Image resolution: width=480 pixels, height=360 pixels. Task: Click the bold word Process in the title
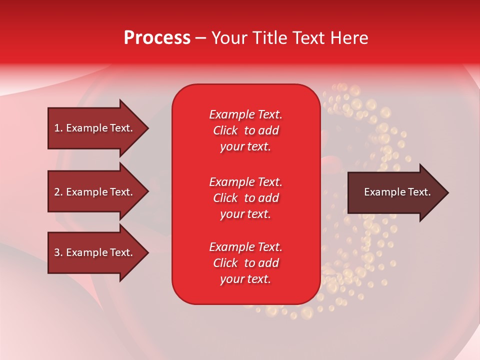(x=157, y=38)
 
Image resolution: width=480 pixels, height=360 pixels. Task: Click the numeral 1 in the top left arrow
(x=57, y=128)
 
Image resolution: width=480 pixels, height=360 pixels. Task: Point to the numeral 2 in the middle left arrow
(x=57, y=192)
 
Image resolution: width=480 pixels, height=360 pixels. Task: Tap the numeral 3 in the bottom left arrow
(x=57, y=252)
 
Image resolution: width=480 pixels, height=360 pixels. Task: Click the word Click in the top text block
(x=225, y=131)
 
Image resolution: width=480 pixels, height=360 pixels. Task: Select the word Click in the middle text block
(x=225, y=198)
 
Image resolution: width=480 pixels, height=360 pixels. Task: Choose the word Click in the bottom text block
(x=225, y=263)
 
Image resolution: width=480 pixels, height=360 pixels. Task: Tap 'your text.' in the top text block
(x=245, y=147)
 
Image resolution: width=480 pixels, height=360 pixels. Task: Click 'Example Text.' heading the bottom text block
(x=245, y=247)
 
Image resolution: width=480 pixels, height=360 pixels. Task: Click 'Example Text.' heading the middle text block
(x=245, y=182)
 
